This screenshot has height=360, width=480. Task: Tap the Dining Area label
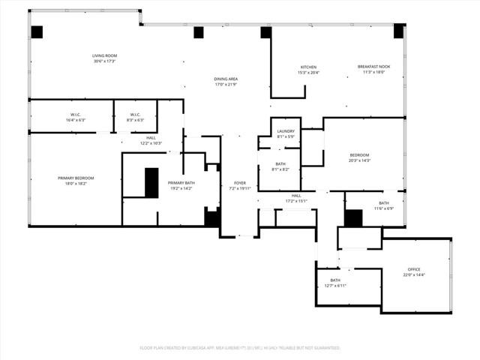tap(226, 81)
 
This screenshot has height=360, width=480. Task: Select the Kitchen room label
tap(309, 70)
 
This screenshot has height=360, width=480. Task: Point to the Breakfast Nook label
tap(373, 70)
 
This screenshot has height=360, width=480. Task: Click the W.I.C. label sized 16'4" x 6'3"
tap(76, 117)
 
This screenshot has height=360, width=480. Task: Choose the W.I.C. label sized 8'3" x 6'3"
tap(136, 117)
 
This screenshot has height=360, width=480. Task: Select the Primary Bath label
tap(182, 185)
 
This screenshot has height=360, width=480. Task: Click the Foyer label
tap(240, 185)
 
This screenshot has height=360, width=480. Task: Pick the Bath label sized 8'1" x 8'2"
tap(280, 166)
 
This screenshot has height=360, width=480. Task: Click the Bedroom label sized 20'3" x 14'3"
tap(359, 157)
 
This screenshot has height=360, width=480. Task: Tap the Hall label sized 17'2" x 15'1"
tap(296, 198)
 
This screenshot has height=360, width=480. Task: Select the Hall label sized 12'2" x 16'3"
tap(151, 140)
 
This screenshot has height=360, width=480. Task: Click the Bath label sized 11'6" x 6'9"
tap(383, 205)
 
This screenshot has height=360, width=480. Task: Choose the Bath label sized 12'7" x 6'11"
tap(334, 283)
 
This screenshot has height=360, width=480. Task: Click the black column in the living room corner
tap(37, 31)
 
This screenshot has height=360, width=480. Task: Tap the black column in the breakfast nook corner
tap(398, 31)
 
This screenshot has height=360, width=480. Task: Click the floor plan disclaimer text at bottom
tap(240, 348)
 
